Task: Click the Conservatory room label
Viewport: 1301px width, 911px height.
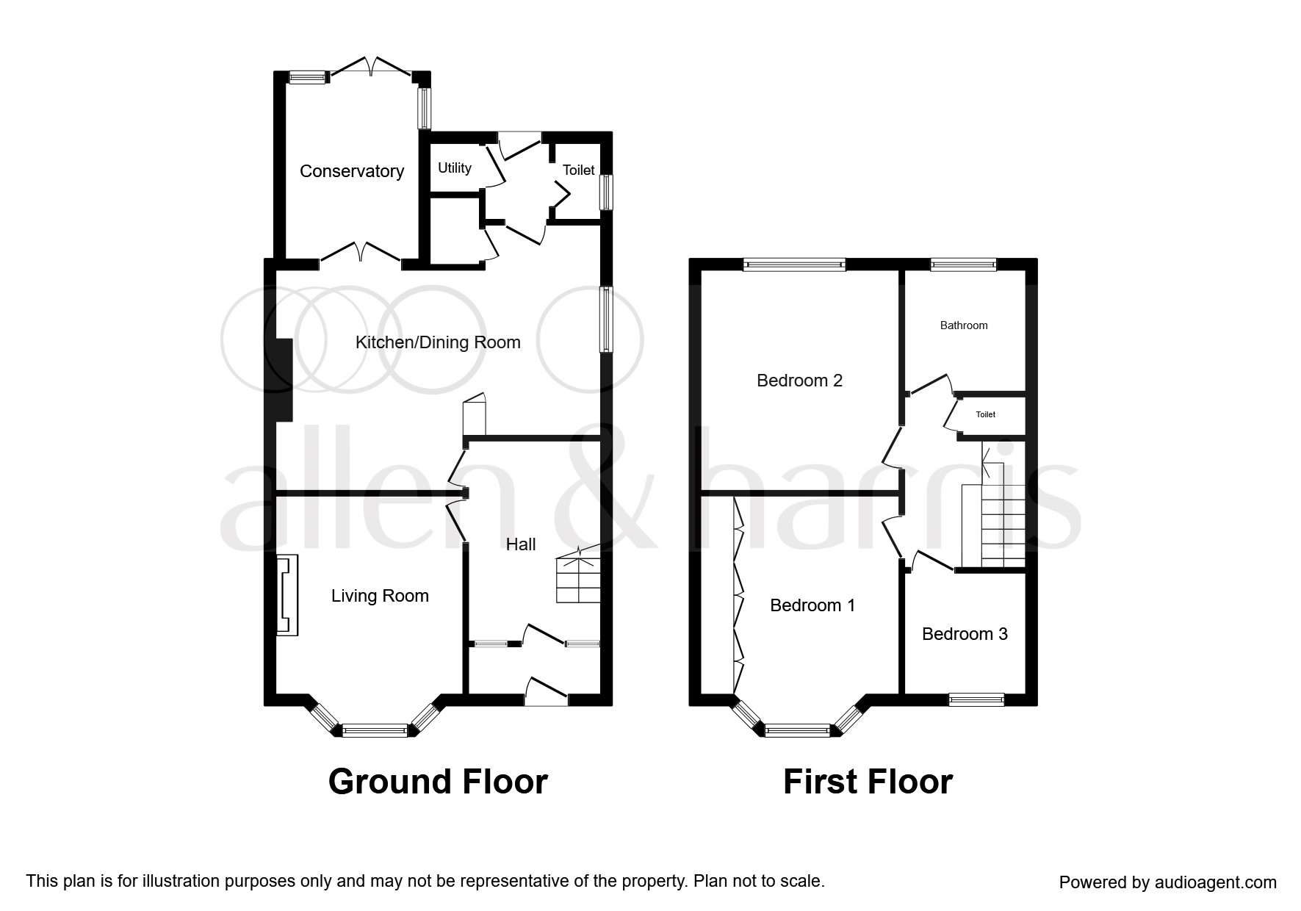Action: (352, 171)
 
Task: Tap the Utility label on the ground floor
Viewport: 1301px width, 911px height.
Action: (455, 168)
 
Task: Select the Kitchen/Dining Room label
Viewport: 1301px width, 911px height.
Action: (438, 342)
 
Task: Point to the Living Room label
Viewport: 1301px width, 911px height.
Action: (380, 596)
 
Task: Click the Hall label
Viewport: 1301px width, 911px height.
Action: (521, 544)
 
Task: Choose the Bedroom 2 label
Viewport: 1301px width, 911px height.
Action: (799, 381)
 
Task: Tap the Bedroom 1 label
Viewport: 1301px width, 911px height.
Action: (812, 605)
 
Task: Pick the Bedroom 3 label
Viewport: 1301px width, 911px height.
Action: (965, 634)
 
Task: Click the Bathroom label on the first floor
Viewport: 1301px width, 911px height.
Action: (964, 325)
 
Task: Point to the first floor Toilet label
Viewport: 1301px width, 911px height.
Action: (985, 415)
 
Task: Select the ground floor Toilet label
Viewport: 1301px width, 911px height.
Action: (578, 170)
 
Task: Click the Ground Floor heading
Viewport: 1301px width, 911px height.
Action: (438, 782)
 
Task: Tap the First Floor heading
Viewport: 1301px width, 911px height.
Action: (868, 782)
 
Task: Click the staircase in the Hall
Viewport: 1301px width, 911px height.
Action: (578, 576)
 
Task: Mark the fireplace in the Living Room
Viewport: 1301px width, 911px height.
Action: (287, 595)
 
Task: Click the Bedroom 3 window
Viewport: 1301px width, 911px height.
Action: (976, 699)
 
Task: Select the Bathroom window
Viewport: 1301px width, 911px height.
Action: (963, 264)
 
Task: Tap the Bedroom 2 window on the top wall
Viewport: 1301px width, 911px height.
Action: (794, 264)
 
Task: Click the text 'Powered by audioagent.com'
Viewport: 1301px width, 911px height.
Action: (1167, 882)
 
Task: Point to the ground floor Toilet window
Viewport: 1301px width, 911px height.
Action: (606, 192)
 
